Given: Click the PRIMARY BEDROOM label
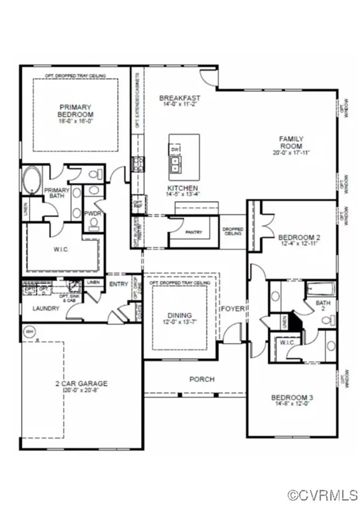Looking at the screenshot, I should tap(75, 111).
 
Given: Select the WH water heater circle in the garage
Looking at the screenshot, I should tap(30, 332).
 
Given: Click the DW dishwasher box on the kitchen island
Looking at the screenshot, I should tap(175, 149).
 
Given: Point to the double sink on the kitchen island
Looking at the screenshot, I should tap(175, 164).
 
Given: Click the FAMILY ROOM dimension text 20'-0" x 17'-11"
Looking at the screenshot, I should tap(291, 153).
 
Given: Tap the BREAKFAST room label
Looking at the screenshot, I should tap(179, 98).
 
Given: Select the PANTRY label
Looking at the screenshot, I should tap(193, 232).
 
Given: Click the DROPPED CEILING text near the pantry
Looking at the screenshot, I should tap(233, 231).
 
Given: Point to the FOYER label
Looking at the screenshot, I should tap(233, 309).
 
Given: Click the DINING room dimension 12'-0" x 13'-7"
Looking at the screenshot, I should tap(179, 322).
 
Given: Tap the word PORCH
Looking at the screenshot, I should tap(202, 379).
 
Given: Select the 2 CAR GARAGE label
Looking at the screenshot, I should tap(81, 383).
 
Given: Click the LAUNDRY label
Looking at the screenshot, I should tap(46, 308).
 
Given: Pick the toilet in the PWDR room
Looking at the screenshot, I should tap(94, 224).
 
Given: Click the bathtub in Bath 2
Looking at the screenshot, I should tap(320, 289).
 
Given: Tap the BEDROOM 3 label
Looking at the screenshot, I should tap(292, 397).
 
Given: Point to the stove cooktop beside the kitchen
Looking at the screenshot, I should tap(138, 164).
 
